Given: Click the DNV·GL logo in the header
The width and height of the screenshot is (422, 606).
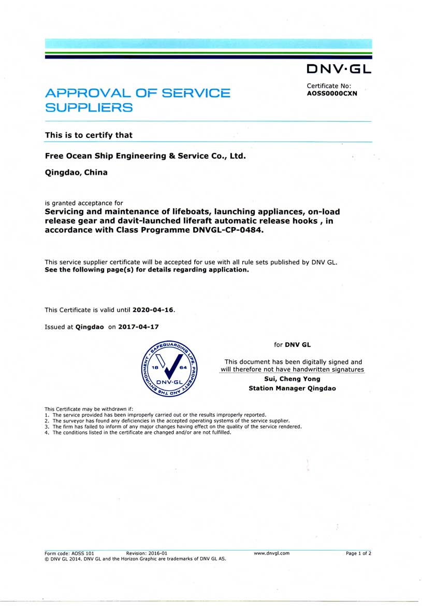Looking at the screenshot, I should [339, 69].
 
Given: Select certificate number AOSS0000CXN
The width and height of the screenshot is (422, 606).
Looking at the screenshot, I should [332, 94].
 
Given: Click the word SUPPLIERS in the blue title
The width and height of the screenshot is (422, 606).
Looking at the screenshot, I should [89, 108].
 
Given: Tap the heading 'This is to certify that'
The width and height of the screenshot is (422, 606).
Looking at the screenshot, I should [89, 135].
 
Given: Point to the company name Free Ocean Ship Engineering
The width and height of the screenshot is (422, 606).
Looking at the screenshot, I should [145, 156].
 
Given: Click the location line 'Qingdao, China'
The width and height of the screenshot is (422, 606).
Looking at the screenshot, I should [76, 173].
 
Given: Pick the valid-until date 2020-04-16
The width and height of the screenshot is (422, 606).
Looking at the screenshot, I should [153, 310].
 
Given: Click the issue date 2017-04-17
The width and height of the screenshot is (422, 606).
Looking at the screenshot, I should [138, 327].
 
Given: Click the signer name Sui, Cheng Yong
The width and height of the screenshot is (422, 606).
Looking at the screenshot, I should [292, 379].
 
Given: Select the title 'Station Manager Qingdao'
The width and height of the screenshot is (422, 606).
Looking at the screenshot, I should [292, 388].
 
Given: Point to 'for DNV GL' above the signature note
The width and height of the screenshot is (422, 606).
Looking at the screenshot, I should [292, 345].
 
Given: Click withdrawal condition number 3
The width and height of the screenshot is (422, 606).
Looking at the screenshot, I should [176, 427].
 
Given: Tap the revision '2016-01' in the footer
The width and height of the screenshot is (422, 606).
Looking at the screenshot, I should [157, 554].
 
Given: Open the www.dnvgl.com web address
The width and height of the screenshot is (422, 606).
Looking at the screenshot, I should [271, 554].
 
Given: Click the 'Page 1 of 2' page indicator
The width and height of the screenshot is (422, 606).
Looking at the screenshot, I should [358, 554].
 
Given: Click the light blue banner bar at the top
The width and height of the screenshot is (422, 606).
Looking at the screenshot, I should [208, 44].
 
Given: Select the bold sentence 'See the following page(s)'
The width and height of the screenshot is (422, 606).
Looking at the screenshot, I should [147, 270].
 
